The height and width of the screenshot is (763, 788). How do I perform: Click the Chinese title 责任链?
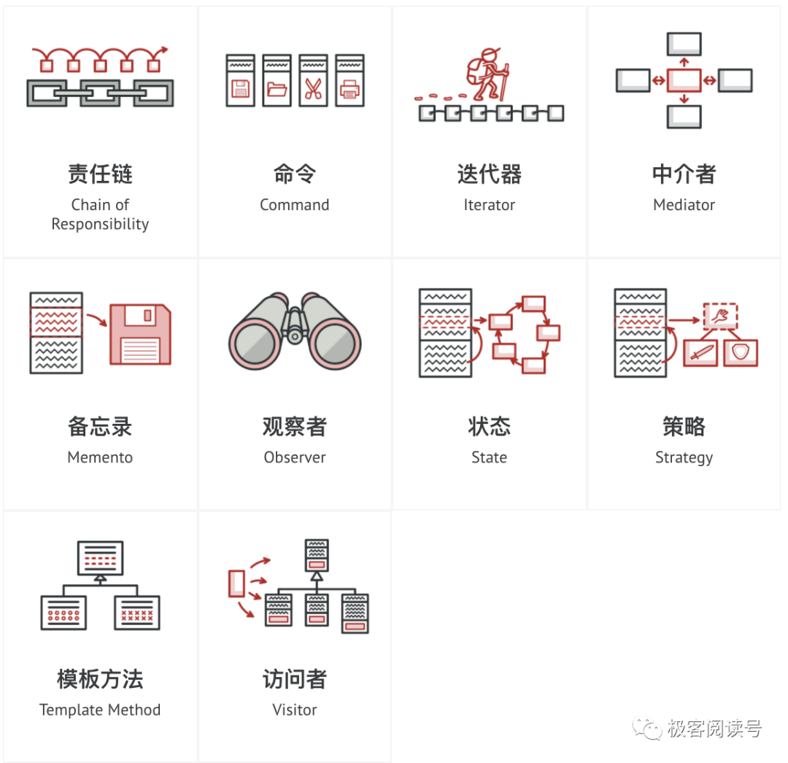tap(100, 174)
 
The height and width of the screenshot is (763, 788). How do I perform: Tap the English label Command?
tap(294, 205)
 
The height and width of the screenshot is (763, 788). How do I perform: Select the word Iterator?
tap(489, 205)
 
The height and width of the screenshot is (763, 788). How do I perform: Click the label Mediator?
tap(684, 205)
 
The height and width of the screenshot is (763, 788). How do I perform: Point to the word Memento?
tap(100, 457)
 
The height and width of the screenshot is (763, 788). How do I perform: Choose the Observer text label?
tap(294, 457)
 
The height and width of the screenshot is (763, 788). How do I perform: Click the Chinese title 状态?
tap(489, 427)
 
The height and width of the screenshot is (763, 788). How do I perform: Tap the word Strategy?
tap(684, 457)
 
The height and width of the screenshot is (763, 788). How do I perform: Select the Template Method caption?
tap(100, 710)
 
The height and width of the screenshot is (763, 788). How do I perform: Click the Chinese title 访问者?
tap(294, 679)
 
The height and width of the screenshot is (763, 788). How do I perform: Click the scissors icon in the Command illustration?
tap(313, 90)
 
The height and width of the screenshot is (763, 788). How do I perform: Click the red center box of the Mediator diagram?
tap(684, 80)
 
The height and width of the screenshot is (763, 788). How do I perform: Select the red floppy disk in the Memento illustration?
tap(140, 335)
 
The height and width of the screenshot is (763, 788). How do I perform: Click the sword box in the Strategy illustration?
tap(701, 352)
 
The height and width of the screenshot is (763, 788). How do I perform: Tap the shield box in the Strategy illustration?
tap(740, 352)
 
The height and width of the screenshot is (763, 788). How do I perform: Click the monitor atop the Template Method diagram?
tap(100, 558)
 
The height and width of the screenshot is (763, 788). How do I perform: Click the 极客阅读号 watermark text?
tap(714, 729)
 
